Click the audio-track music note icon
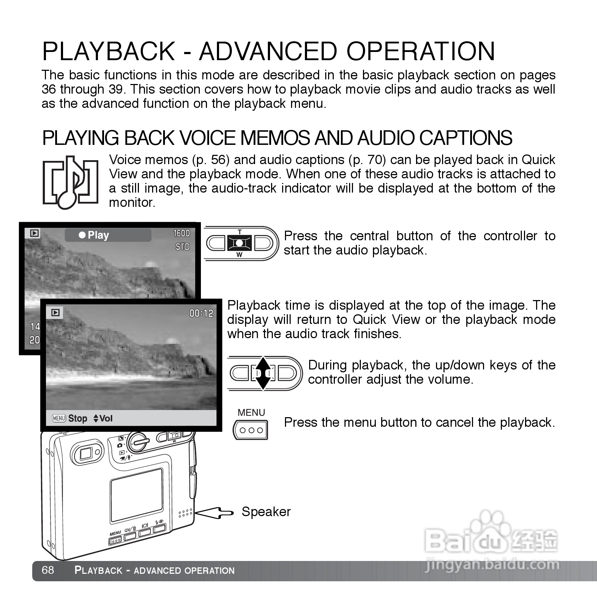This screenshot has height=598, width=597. point(71,182)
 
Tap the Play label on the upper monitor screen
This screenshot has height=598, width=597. point(98,235)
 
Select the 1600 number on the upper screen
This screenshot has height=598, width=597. point(181,233)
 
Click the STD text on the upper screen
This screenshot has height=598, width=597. point(182,247)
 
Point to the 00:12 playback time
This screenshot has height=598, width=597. point(201,313)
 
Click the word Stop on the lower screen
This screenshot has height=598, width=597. point(78,418)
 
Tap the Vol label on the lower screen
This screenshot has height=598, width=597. point(106,418)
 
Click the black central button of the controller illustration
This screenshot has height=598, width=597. point(240,243)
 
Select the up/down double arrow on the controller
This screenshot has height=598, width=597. point(263,373)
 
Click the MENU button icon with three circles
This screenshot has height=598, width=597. point(251,430)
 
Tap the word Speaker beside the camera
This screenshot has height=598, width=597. point(266,512)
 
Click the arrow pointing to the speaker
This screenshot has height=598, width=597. point(214,513)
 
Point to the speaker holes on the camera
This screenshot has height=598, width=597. point(185,513)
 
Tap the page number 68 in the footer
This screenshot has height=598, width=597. point(48,570)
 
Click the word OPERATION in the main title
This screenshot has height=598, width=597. point(421,51)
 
